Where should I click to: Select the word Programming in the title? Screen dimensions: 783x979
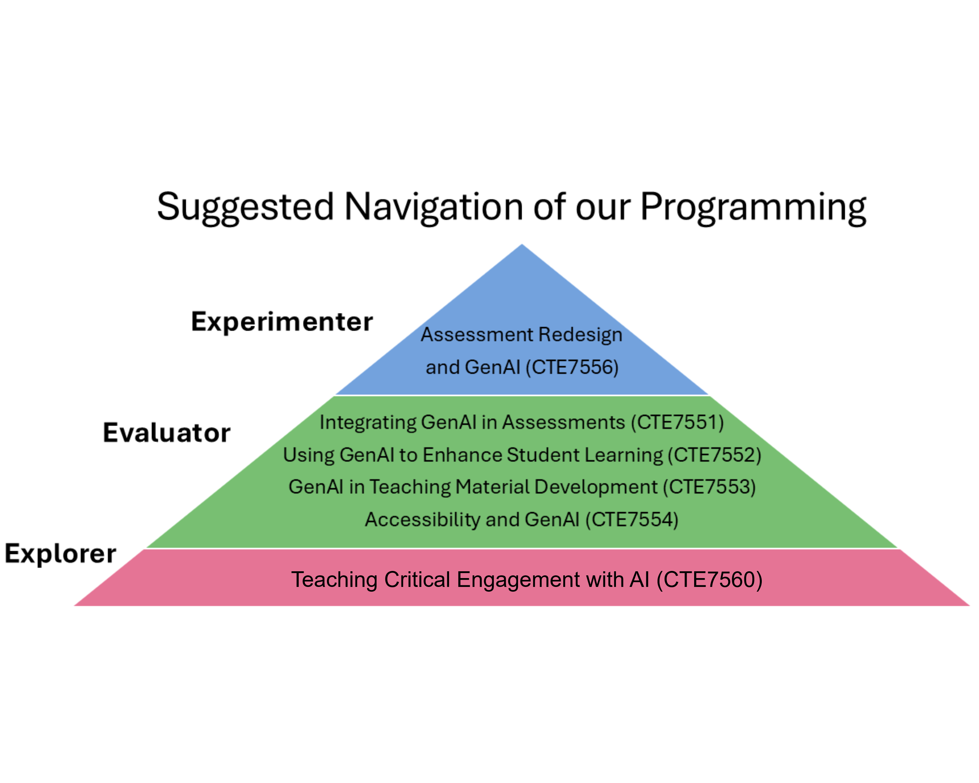pyautogui.click(x=753, y=207)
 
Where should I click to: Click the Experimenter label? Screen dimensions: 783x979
pyautogui.click(x=282, y=322)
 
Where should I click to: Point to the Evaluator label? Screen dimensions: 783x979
pyautogui.click(x=167, y=433)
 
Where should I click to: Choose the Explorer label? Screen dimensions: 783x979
pyautogui.click(x=61, y=553)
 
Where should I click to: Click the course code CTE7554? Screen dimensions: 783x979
pyautogui.click(x=632, y=520)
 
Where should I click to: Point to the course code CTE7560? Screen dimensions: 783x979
pyautogui.click(x=710, y=580)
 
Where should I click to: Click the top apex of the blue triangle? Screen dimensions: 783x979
pyautogui.click(x=522, y=246)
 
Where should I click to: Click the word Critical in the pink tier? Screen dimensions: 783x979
pyautogui.click(x=417, y=580)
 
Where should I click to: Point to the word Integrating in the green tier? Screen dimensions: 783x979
pyautogui.click(x=368, y=422)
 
